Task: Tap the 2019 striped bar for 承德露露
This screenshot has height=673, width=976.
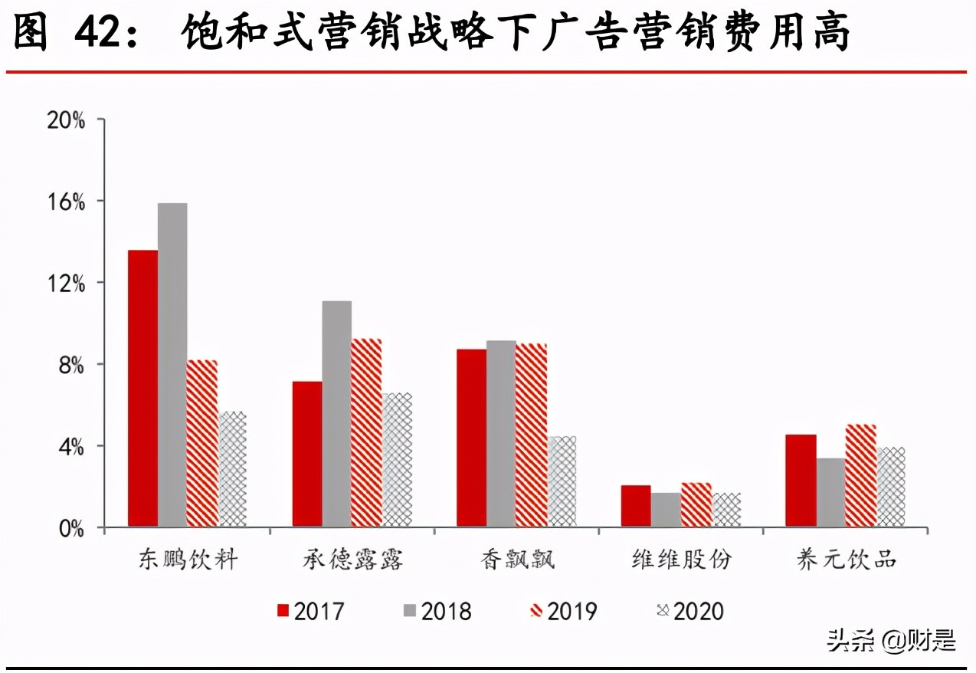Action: [366, 432]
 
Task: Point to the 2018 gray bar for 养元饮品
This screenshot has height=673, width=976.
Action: [830, 492]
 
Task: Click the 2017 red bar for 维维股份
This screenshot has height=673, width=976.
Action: [636, 506]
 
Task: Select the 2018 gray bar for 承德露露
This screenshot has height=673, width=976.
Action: [336, 414]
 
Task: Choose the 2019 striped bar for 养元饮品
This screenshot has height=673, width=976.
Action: [860, 475]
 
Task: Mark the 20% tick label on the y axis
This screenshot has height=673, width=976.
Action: [66, 120]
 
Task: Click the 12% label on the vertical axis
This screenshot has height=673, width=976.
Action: [66, 283]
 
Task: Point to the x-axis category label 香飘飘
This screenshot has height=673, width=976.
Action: [518, 560]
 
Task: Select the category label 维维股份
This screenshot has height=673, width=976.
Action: [681, 560]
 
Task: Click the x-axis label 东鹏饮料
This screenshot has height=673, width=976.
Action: [188, 560]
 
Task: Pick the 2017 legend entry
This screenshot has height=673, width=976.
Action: [310, 611]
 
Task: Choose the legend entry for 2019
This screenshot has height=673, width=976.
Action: [563, 611]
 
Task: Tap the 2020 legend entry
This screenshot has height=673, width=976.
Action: [689, 611]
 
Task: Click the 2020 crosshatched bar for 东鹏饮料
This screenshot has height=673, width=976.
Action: [232, 469]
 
